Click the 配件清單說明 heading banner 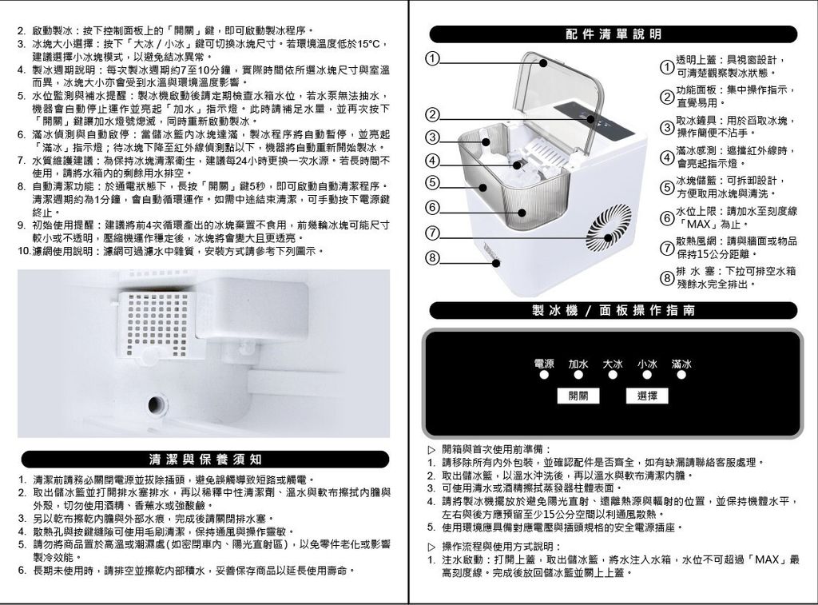coord(613,34)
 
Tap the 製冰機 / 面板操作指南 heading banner coord(613,310)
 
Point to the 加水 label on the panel coord(578,364)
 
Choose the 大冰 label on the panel coord(613,364)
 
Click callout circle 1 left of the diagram coord(431,59)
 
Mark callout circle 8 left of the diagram coord(431,258)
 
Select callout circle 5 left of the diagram coord(431,183)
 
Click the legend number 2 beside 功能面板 coord(666,97)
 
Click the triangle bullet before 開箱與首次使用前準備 coord(432,449)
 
